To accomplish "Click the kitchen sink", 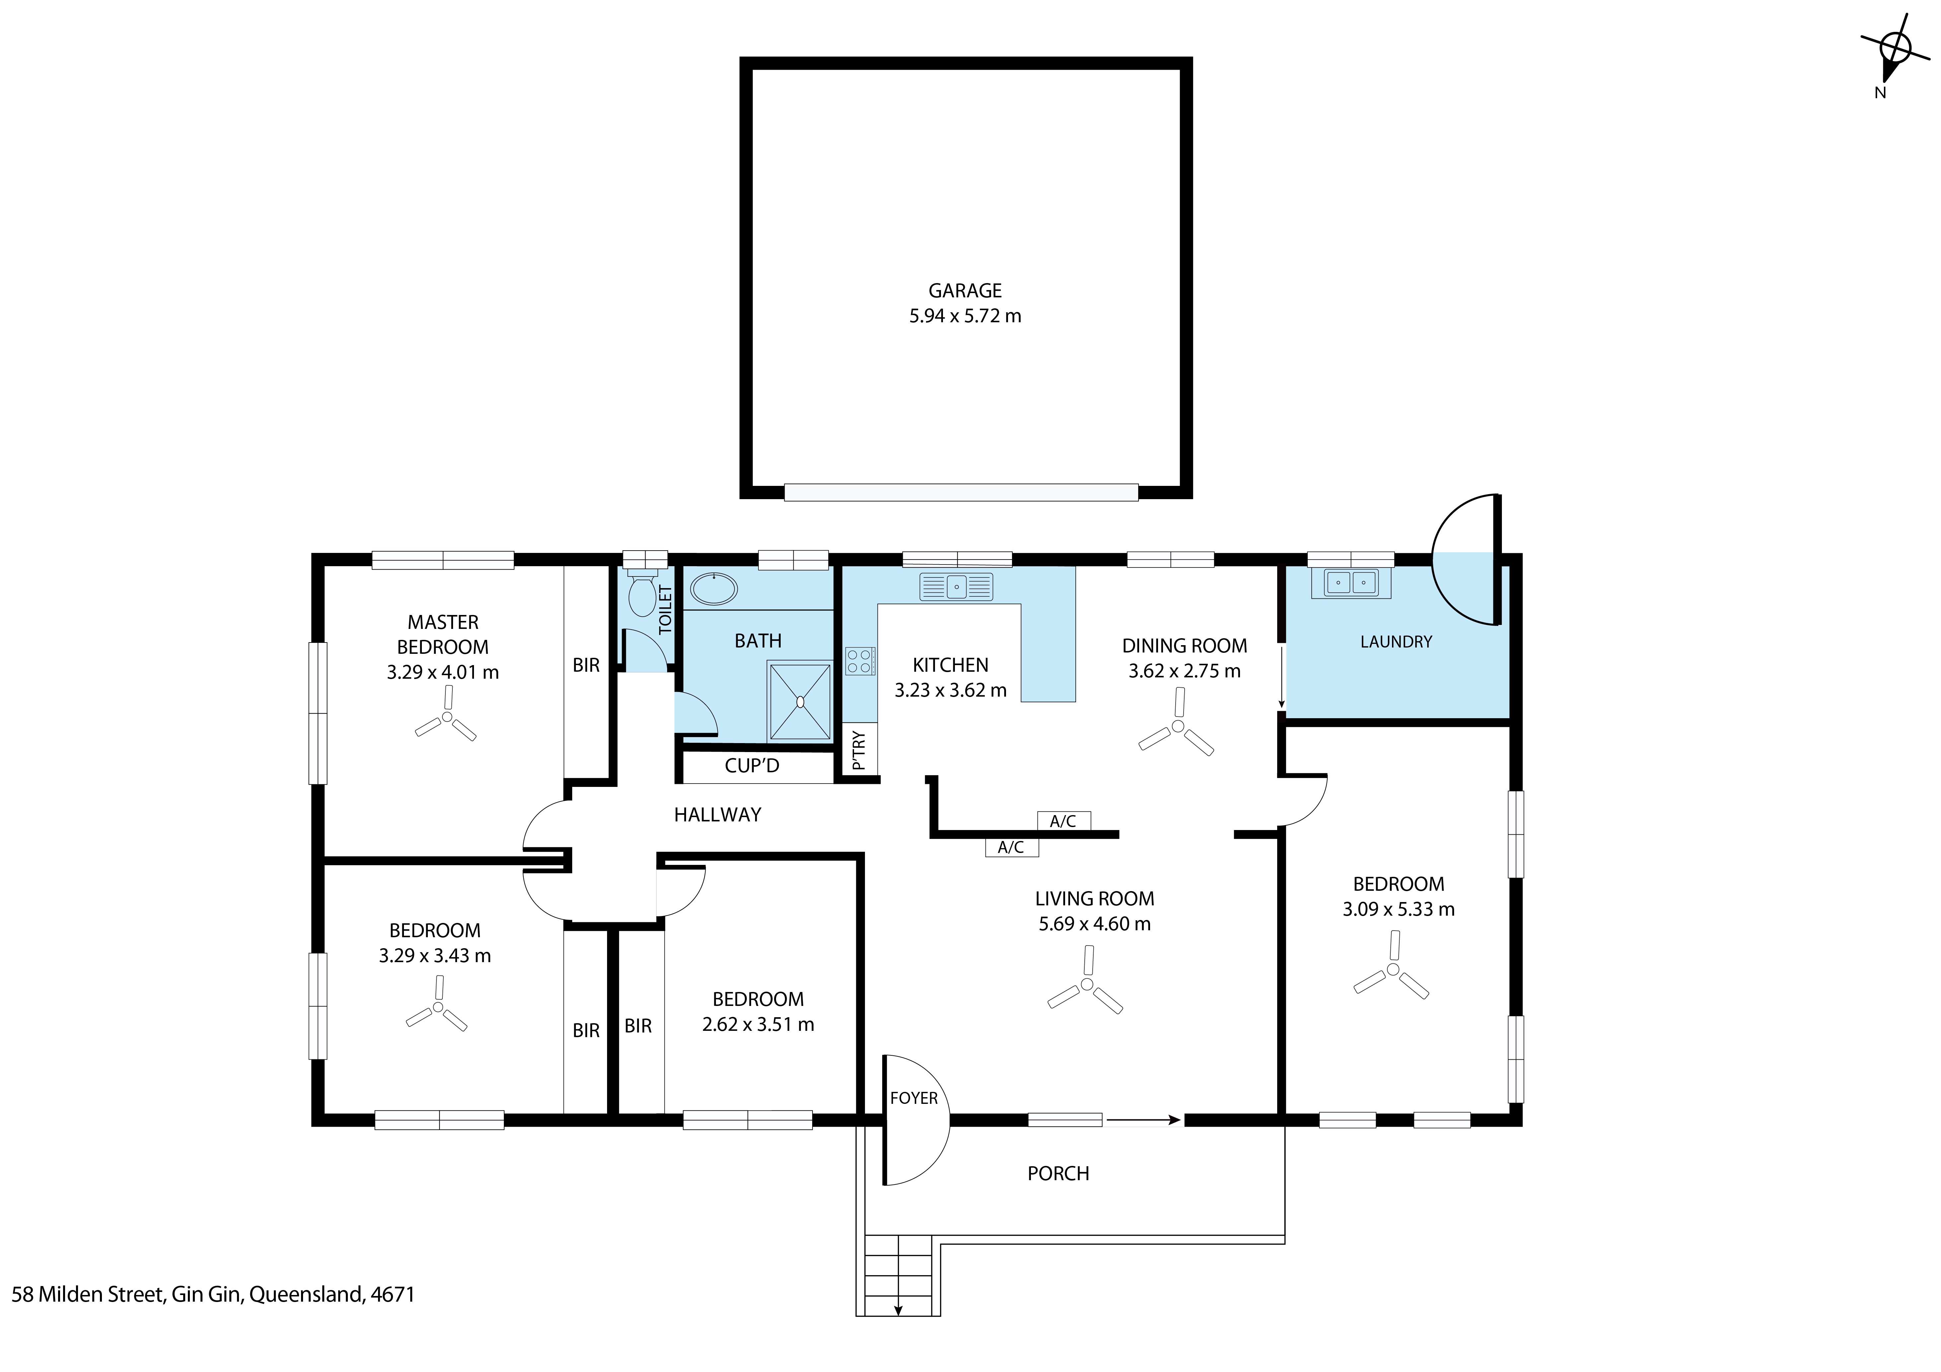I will (956, 585).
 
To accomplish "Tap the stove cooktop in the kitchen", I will (860, 660).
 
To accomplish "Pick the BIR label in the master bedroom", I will (586, 665).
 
